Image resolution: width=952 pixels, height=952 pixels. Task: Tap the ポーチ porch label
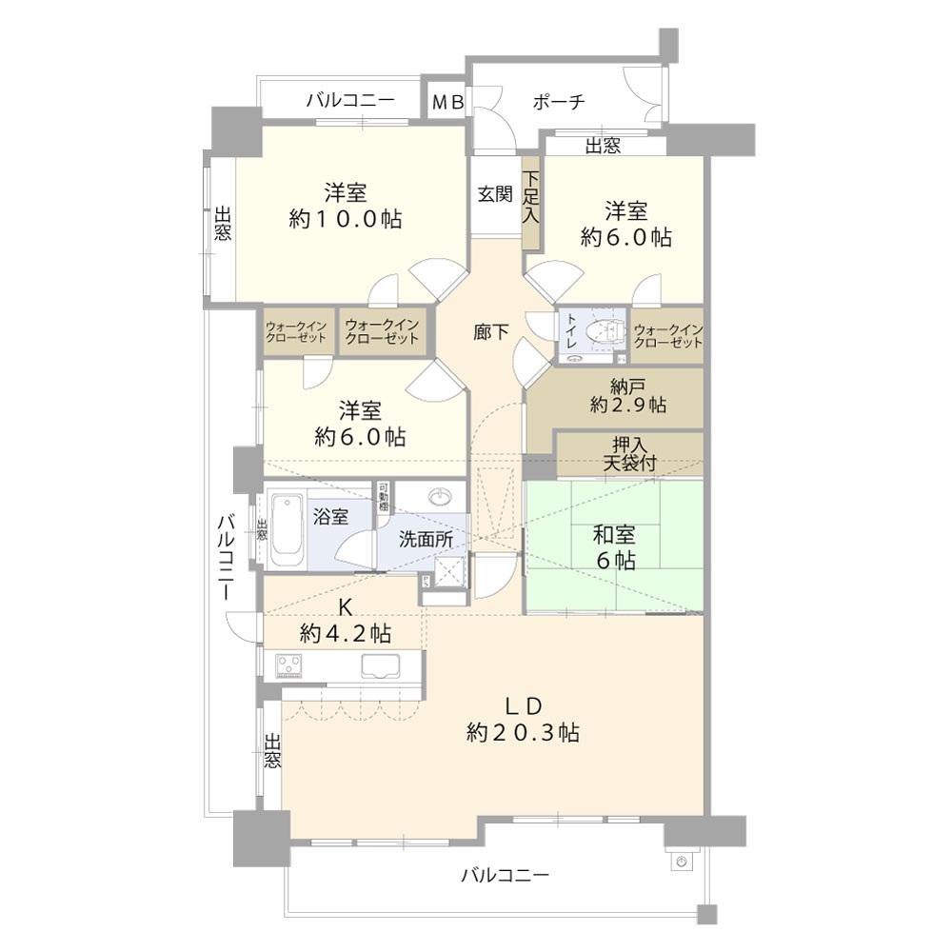(x=558, y=102)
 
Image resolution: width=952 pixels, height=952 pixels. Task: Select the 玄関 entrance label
(x=494, y=194)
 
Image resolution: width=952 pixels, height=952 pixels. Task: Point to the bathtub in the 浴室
(x=286, y=529)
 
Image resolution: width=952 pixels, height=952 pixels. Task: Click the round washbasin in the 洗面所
(x=441, y=498)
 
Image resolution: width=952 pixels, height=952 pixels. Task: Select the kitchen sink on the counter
(x=382, y=666)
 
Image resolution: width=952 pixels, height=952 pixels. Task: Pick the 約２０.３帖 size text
(x=524, y=732)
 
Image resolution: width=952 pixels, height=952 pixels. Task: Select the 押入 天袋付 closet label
(x=628, y=454)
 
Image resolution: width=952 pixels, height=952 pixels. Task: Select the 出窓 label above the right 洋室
(x=603, y=146)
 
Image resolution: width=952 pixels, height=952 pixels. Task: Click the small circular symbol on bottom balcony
(x=680, y=861)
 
